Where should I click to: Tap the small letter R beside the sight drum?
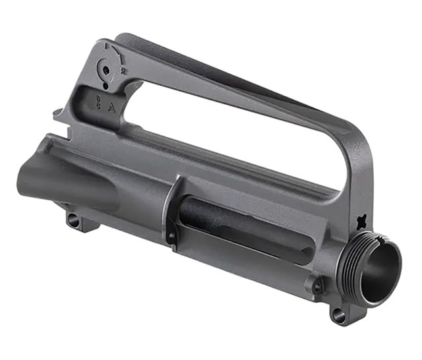(x=124, y=68)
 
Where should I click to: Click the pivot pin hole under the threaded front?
(x=339, y=315)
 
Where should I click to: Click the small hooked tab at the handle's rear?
(x=59, y=113)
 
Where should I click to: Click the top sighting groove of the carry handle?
(x=218, y=63)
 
